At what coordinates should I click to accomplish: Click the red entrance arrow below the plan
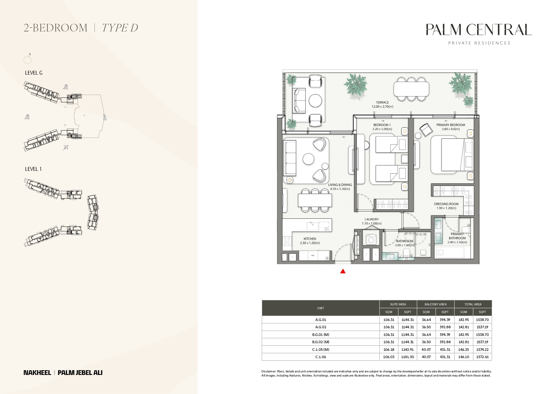pos(343,271)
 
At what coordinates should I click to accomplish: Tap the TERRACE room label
pos(382,103)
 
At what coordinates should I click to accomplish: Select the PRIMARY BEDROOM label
pos(450,125)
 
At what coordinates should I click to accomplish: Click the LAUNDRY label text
pos(372,219)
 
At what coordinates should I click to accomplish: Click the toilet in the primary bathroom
pos(466,229)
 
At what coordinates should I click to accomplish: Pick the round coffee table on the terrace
pos(315,101)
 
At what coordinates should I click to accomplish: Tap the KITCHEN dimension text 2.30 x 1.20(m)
pos(310,243)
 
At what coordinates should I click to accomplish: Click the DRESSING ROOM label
pos(446,204)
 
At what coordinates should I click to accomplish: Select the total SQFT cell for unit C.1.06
pos(482,357)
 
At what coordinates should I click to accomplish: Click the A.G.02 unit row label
pos(320,327)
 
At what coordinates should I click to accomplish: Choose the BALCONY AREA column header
pos(436,304)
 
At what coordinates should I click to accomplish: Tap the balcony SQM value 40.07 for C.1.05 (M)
pos(426,350)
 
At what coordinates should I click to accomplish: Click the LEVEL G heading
pos(34,73)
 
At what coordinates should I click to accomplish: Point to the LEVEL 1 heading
pos(33,169)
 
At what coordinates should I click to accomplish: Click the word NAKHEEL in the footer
pos(37,373)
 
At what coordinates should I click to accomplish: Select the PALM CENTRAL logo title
pos(479,30)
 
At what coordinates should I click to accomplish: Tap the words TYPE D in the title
pos(120,28)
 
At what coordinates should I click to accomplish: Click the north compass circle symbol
pos(28,59)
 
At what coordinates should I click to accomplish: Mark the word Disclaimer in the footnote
pos(268,371)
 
